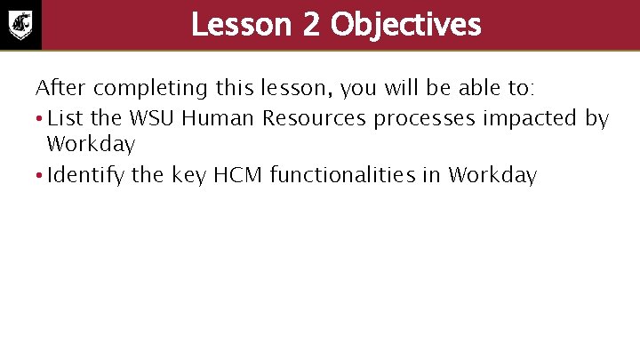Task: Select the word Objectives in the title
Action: (x=405, y=24)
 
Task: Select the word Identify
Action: (x=85, y=175)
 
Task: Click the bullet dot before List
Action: (x=39, y=118)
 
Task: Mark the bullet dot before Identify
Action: (x=39, y=175)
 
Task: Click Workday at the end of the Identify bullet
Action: (x=492, y=175)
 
